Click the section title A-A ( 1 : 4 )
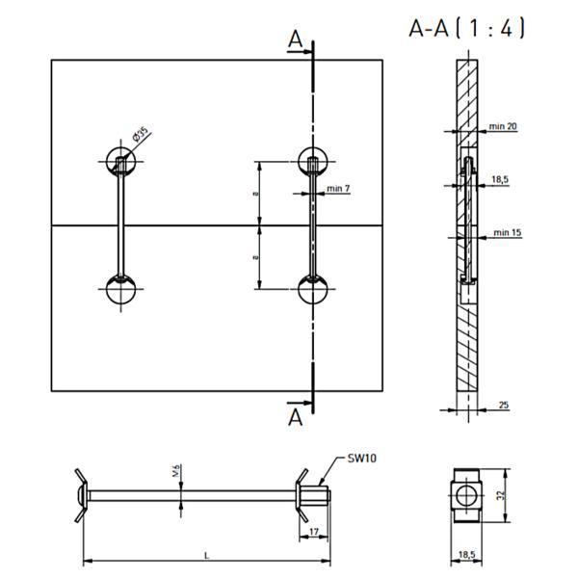[x=466, y=28]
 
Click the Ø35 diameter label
[x=140, y=134]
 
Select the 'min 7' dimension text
[x=338, y=189]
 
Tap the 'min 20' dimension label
[x=503, y=126]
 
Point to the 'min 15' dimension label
[x=508, y=232]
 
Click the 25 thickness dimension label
[x=504, y=405]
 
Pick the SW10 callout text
[x=362, y=459]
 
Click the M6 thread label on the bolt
[x=176, y=471]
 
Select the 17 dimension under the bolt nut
[x=314, y=532]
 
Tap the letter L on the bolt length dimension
[x=207, y=555]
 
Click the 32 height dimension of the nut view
[x=501, y=495]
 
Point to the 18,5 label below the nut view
[x=467, y=555]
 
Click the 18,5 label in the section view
[x=500, y=179]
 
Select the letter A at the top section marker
[x=295, y=39]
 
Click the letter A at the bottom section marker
[x=295, y=417]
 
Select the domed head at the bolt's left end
[x=82, y=495]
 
